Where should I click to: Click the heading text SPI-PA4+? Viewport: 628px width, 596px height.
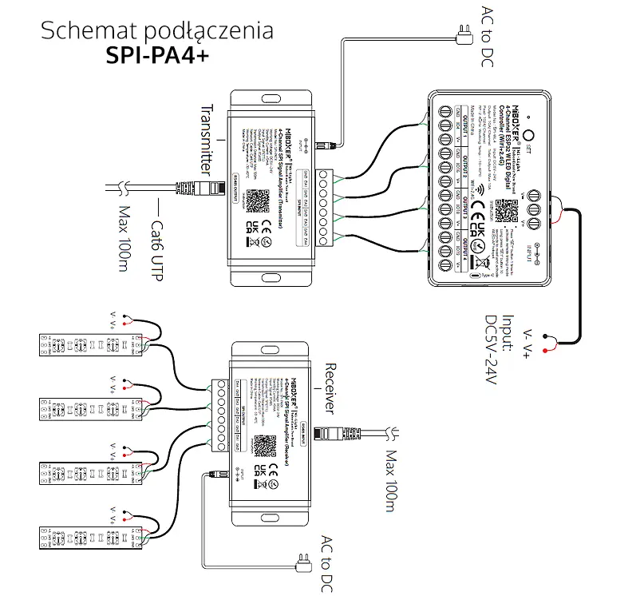coord(156,58)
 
